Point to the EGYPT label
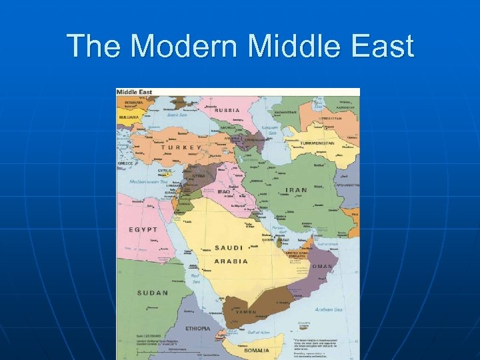tap(143, 229)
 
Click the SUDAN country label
tap(153, 293)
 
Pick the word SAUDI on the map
tap(229, 248)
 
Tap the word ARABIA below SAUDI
tap(231, 261)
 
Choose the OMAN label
tap(322, 267)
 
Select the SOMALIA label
tap(256, 350)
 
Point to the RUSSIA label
tap(227, 110)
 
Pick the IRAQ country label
tap(205, 191)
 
